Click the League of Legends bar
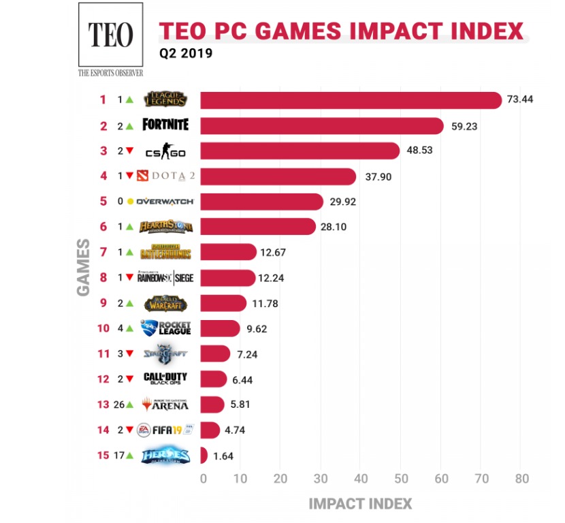(x=350, y=100)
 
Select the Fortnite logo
(x=165, y=125)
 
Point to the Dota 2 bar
(x=278, y=176)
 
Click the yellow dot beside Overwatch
(x=130, y=202)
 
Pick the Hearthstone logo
(x=165, y=227)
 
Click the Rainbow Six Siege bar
(x=227, y=278)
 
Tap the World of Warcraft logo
(x=165, y=303)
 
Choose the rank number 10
(x=103, y=328)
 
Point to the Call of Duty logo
(x=165, y=379)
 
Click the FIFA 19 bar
(x=210, y=430)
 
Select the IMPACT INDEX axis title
(x=360, y=505)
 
